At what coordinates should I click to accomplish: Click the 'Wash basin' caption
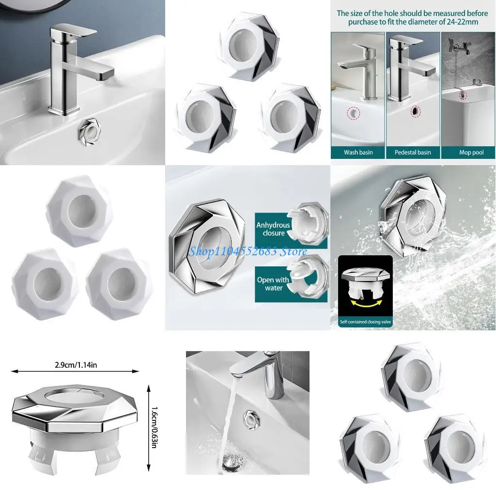point(358,152)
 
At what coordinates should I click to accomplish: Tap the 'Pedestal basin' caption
point(413,152)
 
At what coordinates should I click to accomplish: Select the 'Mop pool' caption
point(471,152)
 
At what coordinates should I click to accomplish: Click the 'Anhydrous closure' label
point(273,229)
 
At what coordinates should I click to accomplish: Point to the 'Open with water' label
point(273,284)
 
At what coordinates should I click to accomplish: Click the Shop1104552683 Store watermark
point(248,251)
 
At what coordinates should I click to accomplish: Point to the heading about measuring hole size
point(413,17)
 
